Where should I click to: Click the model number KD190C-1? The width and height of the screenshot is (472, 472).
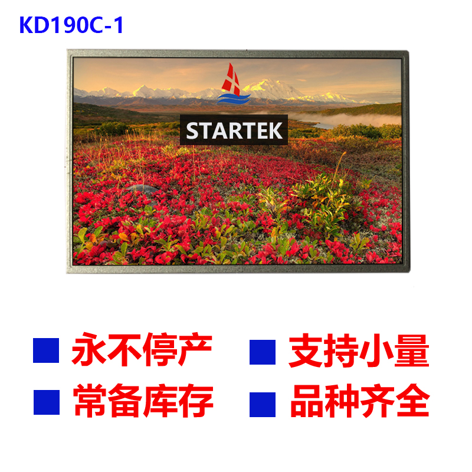(x=71, y=25)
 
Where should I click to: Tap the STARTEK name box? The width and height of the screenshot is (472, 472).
(x=234, y=130)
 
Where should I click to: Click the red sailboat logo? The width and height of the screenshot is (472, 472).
(x=231, y=80)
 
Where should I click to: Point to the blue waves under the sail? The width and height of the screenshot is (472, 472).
(x=234, y=99)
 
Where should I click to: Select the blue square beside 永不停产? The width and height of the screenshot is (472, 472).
(x=46, y=350)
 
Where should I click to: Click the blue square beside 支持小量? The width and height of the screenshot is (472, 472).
(x=263, y=352)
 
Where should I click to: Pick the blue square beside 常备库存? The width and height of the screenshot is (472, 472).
(x=47, y=402)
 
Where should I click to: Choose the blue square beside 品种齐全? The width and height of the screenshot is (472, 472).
(x=263, y=405)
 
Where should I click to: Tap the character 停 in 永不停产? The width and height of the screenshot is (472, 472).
(x=160, y=349)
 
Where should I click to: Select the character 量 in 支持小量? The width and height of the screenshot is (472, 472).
(x=412, y=351)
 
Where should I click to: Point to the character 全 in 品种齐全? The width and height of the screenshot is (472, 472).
(x=413, y=401)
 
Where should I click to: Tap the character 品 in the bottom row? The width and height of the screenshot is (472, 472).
(x=307, y=401)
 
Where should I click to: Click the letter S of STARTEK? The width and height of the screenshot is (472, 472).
(x=193, y=130)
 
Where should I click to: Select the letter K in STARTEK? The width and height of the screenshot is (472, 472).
(x=275, y=130)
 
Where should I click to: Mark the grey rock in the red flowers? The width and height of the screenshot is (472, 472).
(x=142, y=189)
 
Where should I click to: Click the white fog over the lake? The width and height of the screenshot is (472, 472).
(x=346, y=119)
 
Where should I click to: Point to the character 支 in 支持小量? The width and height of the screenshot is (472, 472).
(x=306, y=351)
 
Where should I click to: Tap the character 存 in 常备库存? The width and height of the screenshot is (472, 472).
(x=196, y=401)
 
